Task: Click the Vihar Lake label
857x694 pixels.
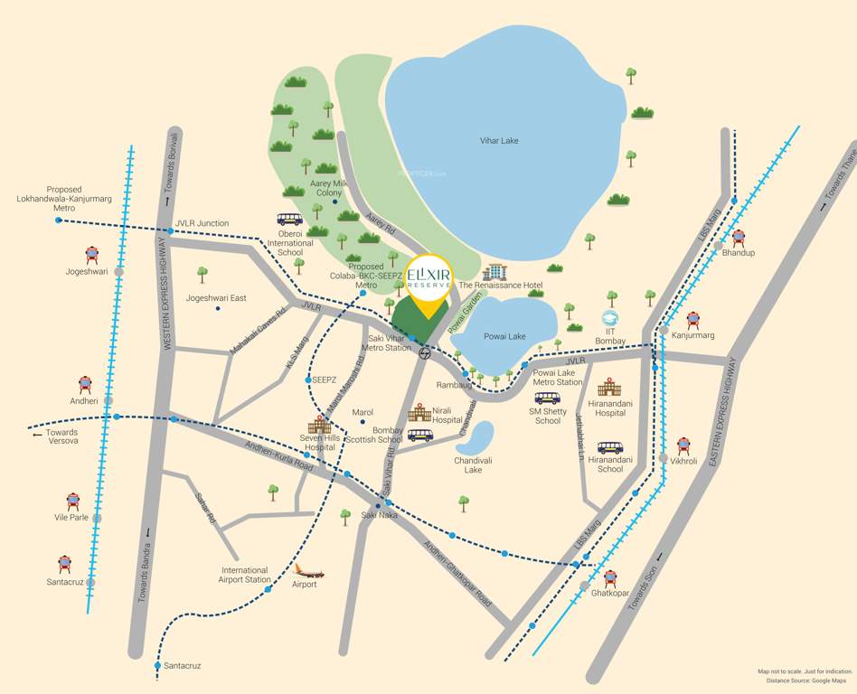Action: point(498,141)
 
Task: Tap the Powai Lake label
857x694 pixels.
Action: point(504,337)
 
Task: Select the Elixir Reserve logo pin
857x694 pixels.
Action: point(428,280)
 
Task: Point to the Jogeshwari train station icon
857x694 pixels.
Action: point(92,256)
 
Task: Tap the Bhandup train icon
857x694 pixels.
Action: point(739,238)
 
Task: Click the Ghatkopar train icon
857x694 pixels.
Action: point(610,577)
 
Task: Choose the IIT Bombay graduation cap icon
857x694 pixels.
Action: point(611,319)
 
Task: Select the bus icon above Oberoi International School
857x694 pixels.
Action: point(290,219)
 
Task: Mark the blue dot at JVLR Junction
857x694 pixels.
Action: point(170,232)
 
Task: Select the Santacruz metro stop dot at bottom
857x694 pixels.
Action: point(157,666)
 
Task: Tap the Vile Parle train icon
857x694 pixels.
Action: point(73,501)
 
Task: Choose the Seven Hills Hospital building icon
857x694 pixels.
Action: point(319,427)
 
